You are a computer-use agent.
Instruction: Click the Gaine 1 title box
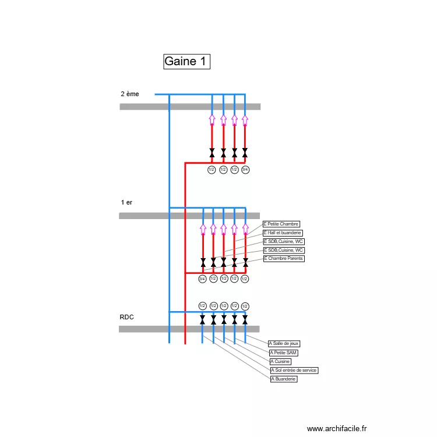[186, 61]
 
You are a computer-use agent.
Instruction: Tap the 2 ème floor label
[130, 93]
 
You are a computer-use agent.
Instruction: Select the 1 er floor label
[126, 202]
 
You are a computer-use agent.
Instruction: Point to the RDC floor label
[126, 317]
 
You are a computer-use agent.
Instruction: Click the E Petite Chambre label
[281, 224]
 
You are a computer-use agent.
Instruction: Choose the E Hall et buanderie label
[283, 232]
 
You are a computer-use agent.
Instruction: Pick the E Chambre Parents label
[284, 258]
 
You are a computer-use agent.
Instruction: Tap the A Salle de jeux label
[284, 344]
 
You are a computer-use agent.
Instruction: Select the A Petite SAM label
[284, 353]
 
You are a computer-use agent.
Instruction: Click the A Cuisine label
[280, 361]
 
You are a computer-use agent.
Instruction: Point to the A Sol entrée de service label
[294, 370]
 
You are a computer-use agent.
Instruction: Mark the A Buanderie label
[284, 379]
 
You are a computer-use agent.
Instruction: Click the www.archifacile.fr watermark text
[337, 428]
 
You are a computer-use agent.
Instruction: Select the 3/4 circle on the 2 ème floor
[245, 170]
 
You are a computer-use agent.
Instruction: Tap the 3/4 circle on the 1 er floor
[202, 279]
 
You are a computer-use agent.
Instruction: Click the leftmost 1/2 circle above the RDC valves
[202, 306]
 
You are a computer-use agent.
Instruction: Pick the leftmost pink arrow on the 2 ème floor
[212, 119]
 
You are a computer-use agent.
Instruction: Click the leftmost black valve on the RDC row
[202, 320]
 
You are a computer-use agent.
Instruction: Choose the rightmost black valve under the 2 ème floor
[245, 153]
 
